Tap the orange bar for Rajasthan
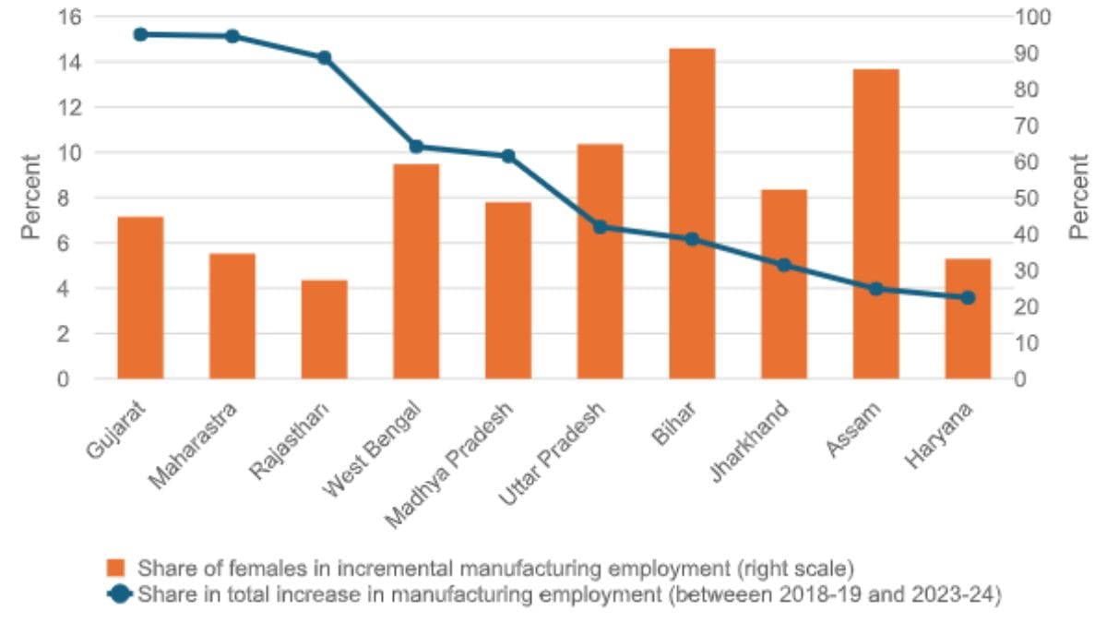coord(324,329)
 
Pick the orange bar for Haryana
coord(968,319)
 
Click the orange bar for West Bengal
coord(416,271)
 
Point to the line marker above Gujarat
coord(140,34)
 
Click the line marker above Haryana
coord(968,298)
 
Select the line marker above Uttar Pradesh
coord(600,227)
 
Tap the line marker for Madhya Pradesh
coord(508,156)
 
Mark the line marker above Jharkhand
coord(784,265)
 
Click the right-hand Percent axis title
coord(1079,198)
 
